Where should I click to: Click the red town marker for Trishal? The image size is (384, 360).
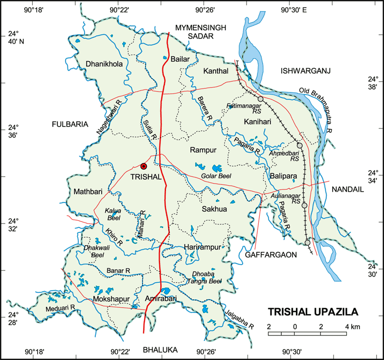coord(143,166)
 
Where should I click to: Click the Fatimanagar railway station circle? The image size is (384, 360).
coord(261,99)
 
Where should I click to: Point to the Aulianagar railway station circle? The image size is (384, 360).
coord(304,205)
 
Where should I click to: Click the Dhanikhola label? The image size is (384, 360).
coord(104,64)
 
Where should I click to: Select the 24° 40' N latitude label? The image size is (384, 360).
coord(15,37)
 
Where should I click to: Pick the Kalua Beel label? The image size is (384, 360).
coord(113,214)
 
